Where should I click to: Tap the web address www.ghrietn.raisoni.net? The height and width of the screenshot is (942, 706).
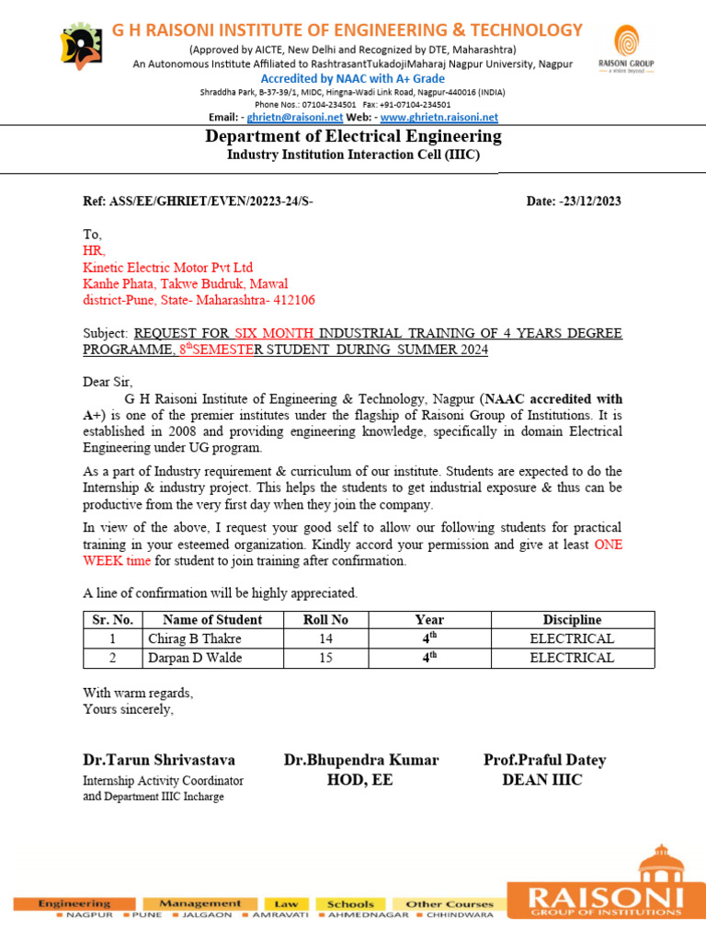[x=438, y=118]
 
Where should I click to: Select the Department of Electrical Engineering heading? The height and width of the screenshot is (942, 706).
[x=353, y=137]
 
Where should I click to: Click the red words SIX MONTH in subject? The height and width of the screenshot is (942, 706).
[x=274, y=332]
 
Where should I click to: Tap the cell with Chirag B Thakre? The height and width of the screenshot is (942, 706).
[x=195, y=638]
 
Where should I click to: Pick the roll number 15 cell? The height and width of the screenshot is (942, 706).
[x=325, y=658]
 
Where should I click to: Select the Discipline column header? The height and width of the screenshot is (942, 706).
[x=572, y=620]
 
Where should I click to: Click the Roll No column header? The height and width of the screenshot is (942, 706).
[x=325, y=620]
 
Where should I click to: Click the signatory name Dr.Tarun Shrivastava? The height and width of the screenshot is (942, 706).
[x=159, y=761]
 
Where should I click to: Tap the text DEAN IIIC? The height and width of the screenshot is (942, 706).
[x=541, y=780]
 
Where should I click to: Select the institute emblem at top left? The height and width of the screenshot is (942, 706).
[x=82, y=45]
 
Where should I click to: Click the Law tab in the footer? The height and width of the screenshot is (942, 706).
[x=286, y=904]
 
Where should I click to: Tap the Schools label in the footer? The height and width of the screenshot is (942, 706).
[x=350, y=904]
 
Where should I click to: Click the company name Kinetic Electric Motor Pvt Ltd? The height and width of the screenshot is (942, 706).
[x=167, y=268]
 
